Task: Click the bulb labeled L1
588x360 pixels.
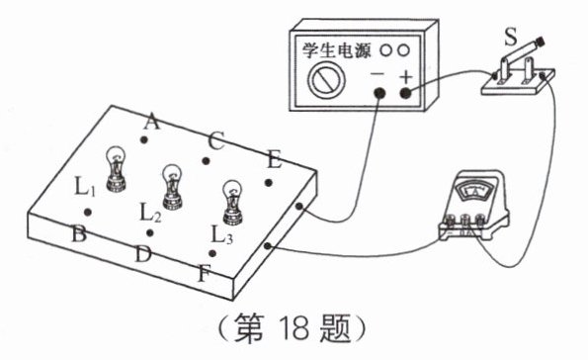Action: coord(116,169)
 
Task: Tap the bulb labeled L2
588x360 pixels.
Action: coord(173,187)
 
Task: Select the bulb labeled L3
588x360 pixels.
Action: coord(233,203)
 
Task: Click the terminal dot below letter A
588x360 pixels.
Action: coord(143,140)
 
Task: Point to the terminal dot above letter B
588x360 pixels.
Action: coord(88,213)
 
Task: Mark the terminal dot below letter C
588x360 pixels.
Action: coord(206,161)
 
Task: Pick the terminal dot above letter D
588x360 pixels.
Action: coord(150,233)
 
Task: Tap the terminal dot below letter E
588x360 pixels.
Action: coord(269,183)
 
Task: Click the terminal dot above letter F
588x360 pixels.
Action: coord(212,253)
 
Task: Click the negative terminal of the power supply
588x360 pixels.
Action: coord(379,93)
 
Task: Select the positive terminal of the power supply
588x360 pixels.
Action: coord(405,93)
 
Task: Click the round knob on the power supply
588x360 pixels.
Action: coord(326,80)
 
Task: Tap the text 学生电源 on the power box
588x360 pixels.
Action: coord(336,50)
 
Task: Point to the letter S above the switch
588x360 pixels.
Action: coord(510,37)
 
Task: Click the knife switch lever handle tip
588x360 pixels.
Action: coord(539,41)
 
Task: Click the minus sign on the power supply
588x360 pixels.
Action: coord(378,73)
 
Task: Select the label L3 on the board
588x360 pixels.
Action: coord(222,234)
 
